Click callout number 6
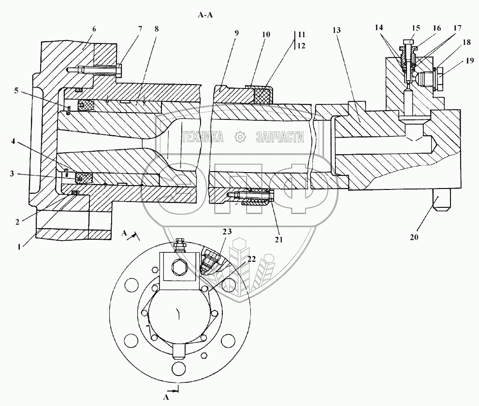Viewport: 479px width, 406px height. click(x=94, y=29)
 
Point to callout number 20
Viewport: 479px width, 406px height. click(x=414, y=237)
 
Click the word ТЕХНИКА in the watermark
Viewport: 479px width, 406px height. click(x=202, y=138)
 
